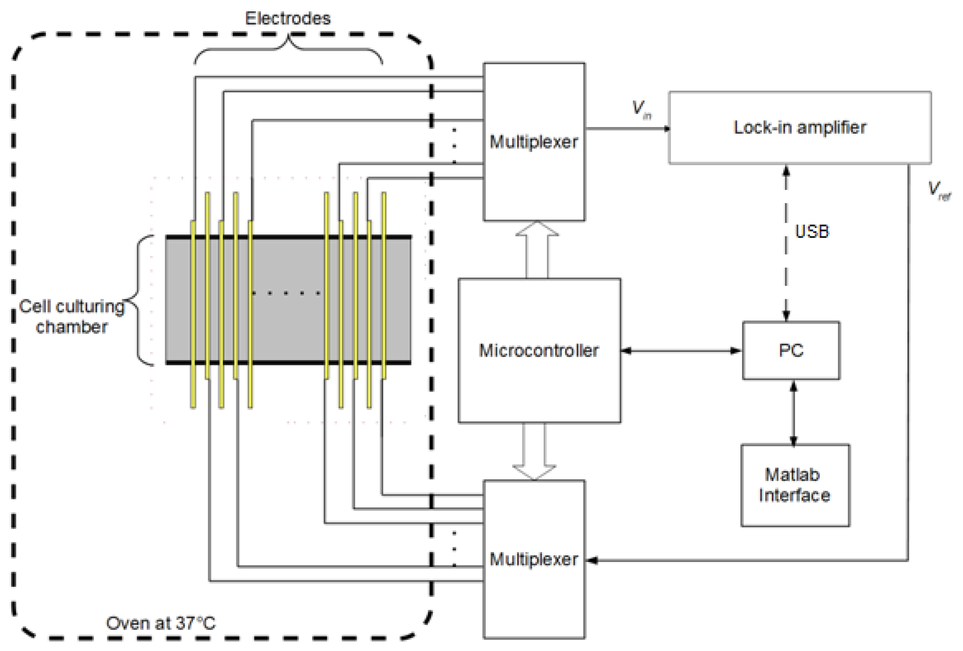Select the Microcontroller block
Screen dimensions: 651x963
(x=539, y=350)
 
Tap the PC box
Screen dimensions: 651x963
(x=790, y=350)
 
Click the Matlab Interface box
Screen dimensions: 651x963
(x=794, y=484)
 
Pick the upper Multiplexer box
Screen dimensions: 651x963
(x=534, y=141)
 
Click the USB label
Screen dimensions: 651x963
(x=812, y=231)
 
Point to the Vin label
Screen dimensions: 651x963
(x=640, y=109)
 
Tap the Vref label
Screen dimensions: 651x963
(x=939, y=190)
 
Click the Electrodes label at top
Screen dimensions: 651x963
(x=288, y=18)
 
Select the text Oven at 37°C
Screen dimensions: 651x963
(x=161, y=623)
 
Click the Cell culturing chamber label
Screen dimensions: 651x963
(x=72, y=316)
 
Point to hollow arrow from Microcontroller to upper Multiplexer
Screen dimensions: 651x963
(x=537, y=248)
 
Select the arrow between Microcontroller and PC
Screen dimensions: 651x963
(x=681, y=351)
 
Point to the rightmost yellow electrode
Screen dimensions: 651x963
(x=384, y=286)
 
